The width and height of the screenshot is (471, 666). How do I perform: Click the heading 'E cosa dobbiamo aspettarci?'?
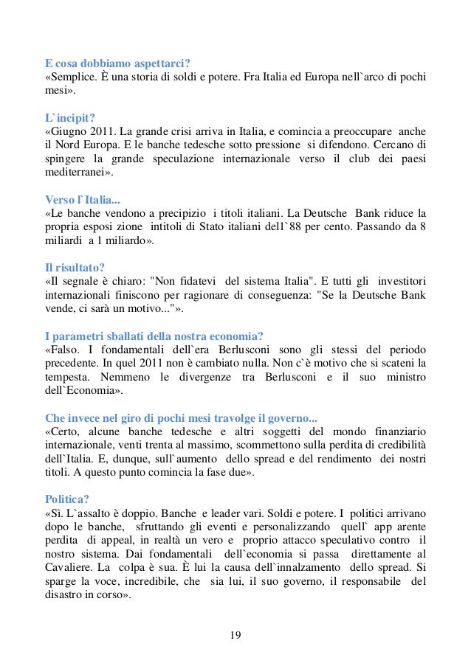(118, 62)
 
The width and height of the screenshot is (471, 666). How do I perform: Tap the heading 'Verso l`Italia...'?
(82, 199)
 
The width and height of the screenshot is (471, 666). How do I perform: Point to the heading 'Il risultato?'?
(75, 268)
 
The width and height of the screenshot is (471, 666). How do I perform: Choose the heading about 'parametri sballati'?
(154, 337)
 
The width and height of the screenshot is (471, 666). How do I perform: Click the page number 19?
(235, 635)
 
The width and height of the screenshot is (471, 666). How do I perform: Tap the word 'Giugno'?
(71, 131)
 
